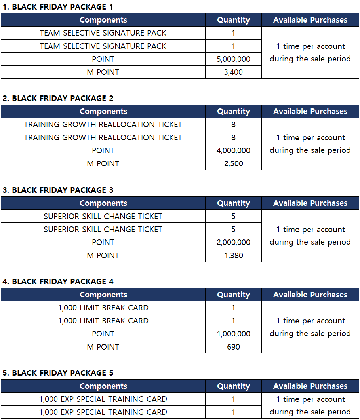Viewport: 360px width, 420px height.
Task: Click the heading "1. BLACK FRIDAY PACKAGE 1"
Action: [58, 7]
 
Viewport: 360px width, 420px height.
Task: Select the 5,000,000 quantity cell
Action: [233, 59]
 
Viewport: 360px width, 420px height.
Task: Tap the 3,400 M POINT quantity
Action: [233, 72]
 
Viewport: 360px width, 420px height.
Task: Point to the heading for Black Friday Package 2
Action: [58, 98]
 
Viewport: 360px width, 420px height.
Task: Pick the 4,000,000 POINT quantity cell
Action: [233, 150]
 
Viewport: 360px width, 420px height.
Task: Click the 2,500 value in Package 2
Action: [233, 163]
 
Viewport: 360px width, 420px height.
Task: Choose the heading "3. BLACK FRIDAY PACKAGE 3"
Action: [58, 190]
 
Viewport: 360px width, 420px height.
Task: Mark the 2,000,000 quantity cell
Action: [233, 242]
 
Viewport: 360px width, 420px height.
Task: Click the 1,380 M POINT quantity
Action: [233, 255]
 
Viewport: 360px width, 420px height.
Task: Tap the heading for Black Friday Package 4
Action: [58, 281]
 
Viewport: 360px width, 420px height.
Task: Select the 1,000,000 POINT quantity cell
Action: [233, 334]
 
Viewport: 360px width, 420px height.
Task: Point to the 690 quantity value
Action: [233, 347]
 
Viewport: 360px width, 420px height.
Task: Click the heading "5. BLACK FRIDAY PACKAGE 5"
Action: [58, 373]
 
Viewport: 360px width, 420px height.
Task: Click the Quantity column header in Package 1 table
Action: [233, 20]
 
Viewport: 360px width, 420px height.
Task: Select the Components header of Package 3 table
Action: [103, 203]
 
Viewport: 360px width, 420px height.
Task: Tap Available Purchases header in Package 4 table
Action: [310, 295]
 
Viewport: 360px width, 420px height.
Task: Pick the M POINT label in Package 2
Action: [103, 163]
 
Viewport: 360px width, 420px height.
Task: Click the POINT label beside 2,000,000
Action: [103, 242]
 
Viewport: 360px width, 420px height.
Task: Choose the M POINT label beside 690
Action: [103, 347]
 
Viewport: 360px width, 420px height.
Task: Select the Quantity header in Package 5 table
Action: [233, 386]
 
